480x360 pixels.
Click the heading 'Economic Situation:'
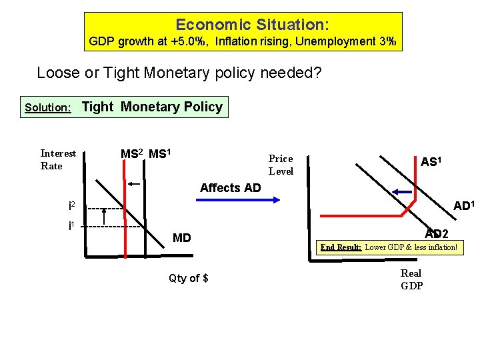(x=251, y=25)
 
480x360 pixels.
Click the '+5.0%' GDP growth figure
(x=191, y=42)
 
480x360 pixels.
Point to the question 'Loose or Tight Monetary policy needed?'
(x=179, y=72)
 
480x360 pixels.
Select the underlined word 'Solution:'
(x=48, y=107)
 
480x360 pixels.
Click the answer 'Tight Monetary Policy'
(x=152, y=107)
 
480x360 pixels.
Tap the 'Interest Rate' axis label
(x=59, y=159)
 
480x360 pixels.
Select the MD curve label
(x=181, y=237)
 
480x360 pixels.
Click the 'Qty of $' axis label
(x=189, y=278)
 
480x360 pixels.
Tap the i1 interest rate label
(x=72, y=225)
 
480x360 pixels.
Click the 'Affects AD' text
(x=231, y=188)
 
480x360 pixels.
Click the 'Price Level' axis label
(x=281, y=165)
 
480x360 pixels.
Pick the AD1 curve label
(x=463, y=206)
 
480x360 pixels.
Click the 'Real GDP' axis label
(x=411, y=279)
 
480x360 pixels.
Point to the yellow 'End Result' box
(x=389, y=247)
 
